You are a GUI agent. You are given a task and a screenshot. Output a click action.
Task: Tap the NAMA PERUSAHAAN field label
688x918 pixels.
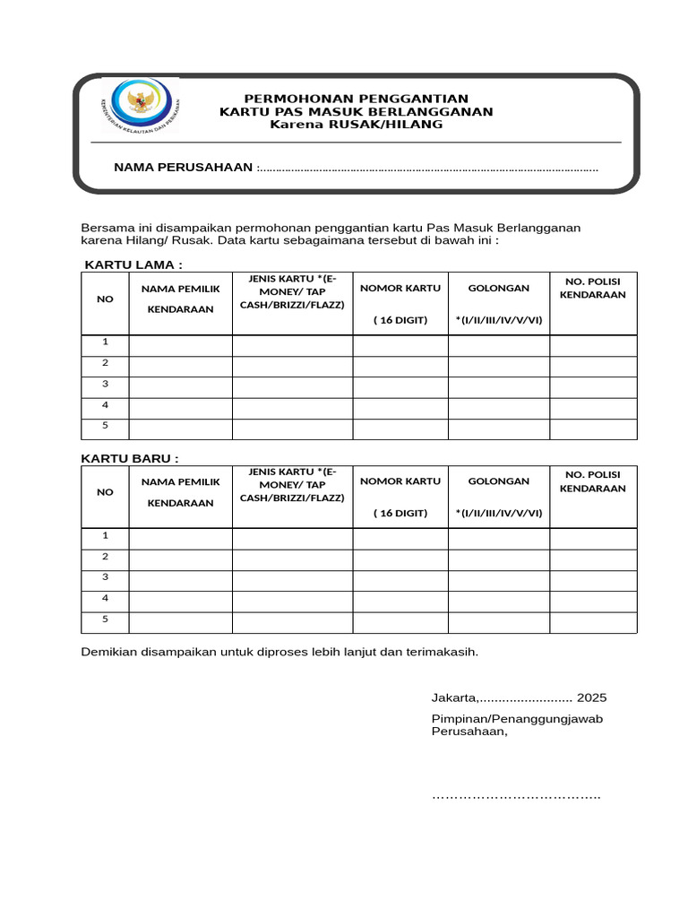[x=183, y=168]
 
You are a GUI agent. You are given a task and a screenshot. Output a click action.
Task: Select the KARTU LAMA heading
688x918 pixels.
[x=133, y=264]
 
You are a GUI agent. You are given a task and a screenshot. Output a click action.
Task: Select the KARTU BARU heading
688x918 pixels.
[x=130, y=458]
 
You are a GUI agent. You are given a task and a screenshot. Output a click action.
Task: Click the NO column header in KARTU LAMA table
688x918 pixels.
[x=105, y=299]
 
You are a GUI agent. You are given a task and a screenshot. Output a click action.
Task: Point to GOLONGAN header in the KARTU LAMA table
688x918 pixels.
[x=498, y=288]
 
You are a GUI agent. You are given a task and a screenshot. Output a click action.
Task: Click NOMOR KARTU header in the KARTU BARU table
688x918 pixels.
[x=400, y=481]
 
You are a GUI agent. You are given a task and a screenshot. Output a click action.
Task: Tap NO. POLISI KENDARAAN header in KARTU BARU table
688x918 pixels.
[x=592, y=481]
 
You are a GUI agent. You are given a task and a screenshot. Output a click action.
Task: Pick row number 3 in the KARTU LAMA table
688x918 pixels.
[x=105, y=383]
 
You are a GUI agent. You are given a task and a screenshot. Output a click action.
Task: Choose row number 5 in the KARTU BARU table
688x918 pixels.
[x=105, y=619]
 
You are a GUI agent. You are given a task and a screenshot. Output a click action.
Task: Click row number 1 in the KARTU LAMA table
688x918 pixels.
[x=105, y=342]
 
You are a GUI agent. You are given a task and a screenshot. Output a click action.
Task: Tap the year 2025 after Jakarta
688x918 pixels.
[x=591, y=697]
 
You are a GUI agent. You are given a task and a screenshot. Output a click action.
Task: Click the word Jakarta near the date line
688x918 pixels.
[x=453, y=697]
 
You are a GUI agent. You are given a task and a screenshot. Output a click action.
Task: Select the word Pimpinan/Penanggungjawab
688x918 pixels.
[x=517, y=719]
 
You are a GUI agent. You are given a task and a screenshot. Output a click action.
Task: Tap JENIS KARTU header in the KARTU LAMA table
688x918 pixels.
[x=292, y=291]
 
